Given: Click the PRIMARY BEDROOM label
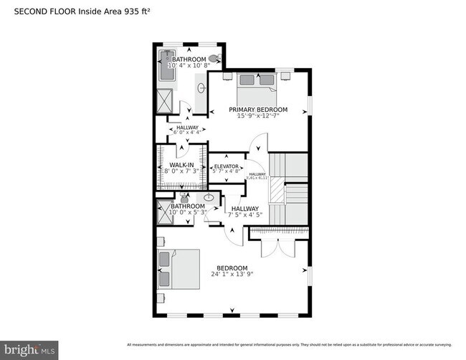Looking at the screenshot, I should [x=258, y=110].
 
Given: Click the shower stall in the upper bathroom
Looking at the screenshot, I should [x=165, y=100].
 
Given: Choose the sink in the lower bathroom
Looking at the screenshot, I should [x=209, y=198].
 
